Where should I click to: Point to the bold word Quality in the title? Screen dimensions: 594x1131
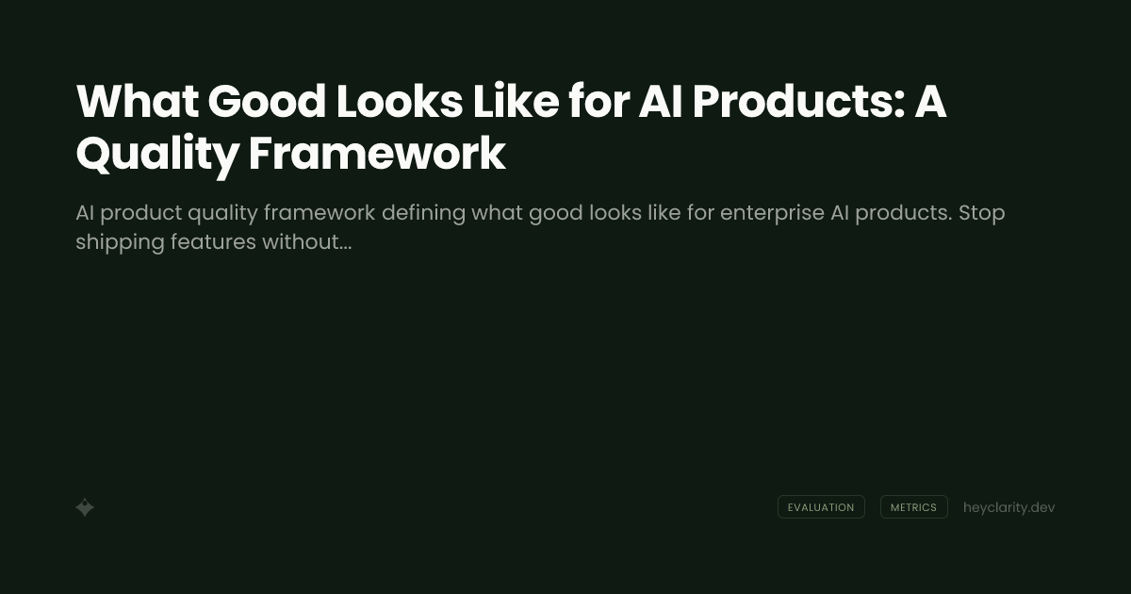tap(156, 155)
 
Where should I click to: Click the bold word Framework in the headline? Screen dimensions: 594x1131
tap(377, 155)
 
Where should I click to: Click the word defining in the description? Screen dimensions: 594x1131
tap(422, 213)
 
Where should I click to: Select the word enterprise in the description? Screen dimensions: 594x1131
tap(772, 213)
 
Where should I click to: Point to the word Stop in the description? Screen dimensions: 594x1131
tap(982, 213)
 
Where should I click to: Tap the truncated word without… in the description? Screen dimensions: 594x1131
tap(306, 242)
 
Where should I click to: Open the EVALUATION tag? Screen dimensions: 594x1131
tap(821, 507)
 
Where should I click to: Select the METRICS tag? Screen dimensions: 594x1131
tap(913, 507)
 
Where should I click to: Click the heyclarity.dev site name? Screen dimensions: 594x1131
tap(1008, 507)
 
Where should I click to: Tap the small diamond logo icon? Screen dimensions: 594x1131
tap(85, 507)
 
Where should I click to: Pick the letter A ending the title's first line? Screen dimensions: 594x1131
tap(930, 102)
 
